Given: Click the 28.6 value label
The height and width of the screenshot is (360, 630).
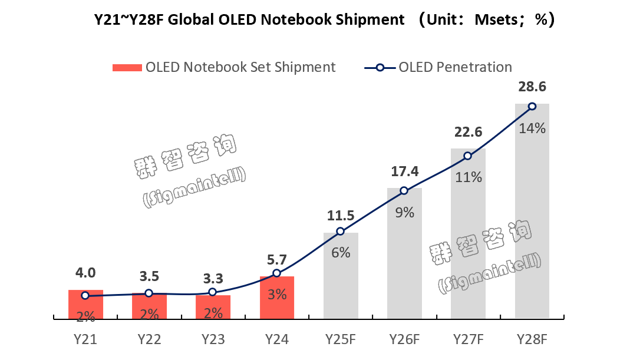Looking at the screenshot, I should click(x=532, y=87).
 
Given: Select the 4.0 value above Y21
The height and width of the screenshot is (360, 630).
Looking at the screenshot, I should click(x=85, y=273).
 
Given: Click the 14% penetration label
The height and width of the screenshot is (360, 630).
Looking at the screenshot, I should click(x=532, y=128).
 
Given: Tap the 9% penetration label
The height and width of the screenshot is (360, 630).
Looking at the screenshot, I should click(x=404, y=213).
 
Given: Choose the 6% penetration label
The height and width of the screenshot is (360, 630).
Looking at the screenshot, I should click(x=341, y=253).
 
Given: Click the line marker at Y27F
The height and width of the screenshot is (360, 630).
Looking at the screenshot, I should click(x=468, y=156).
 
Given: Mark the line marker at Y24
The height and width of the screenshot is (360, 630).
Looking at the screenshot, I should click(x=277, y=273).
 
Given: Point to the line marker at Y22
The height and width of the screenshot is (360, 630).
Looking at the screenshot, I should click(x=149, y=293).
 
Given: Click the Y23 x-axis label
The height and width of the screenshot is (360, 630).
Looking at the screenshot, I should click(x=213, y=339).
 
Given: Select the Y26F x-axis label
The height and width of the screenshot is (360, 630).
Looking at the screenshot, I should click(x=404, y=339).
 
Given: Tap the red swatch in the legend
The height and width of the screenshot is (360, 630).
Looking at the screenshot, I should click(x=127, y=67).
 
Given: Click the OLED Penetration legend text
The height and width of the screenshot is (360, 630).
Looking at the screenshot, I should click(x=455, y=67).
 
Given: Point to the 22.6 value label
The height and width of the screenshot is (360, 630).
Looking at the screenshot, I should click(x=468, y=131).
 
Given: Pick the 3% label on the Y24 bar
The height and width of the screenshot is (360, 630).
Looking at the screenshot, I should click(x=277, y=294).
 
